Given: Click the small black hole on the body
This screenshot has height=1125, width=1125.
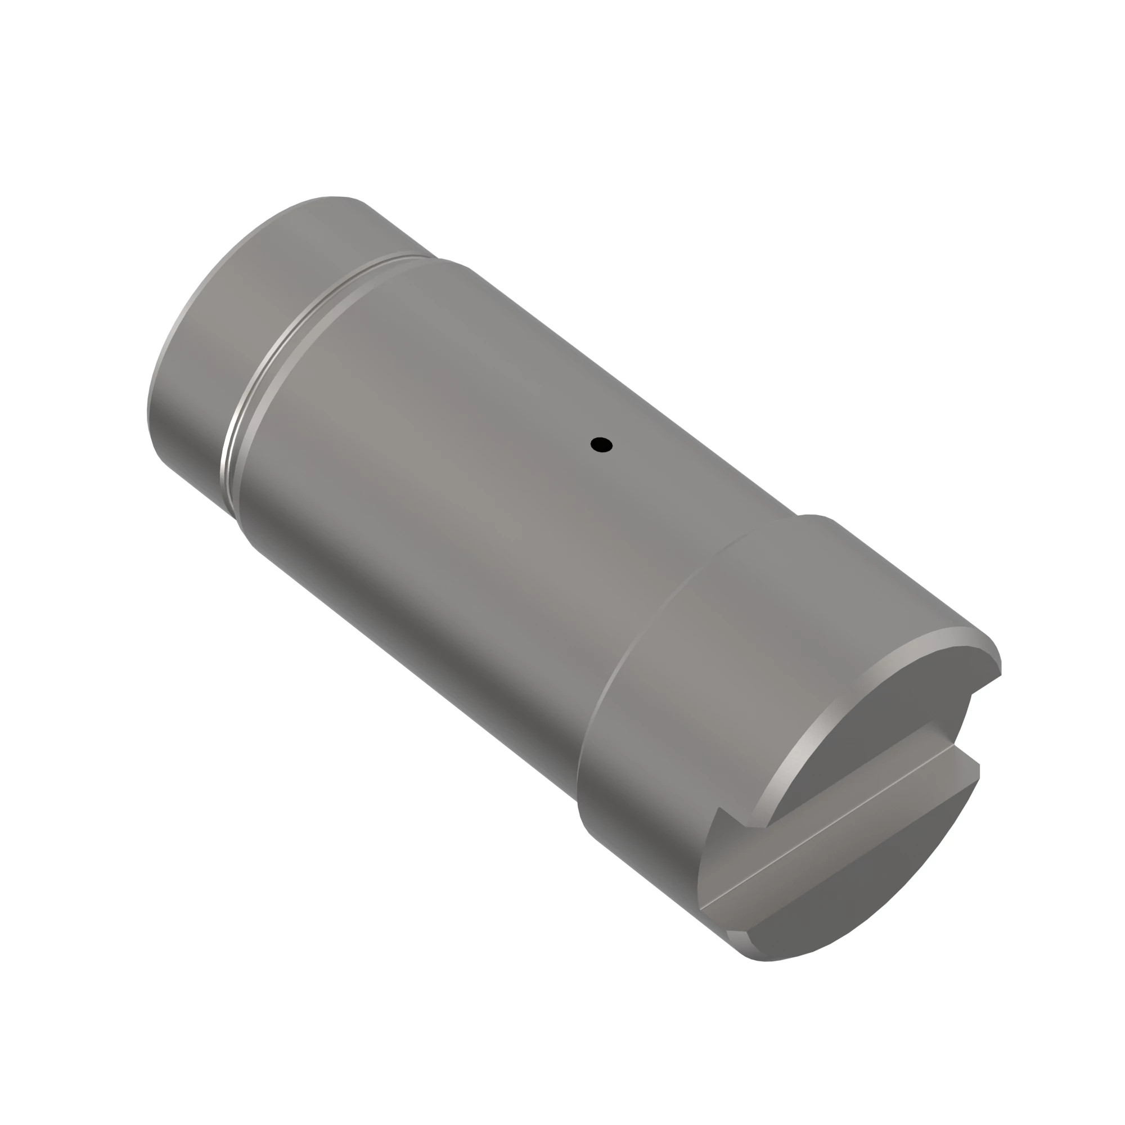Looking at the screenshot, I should [601, 445].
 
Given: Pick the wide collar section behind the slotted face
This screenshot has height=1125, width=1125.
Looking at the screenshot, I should [699, 669].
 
